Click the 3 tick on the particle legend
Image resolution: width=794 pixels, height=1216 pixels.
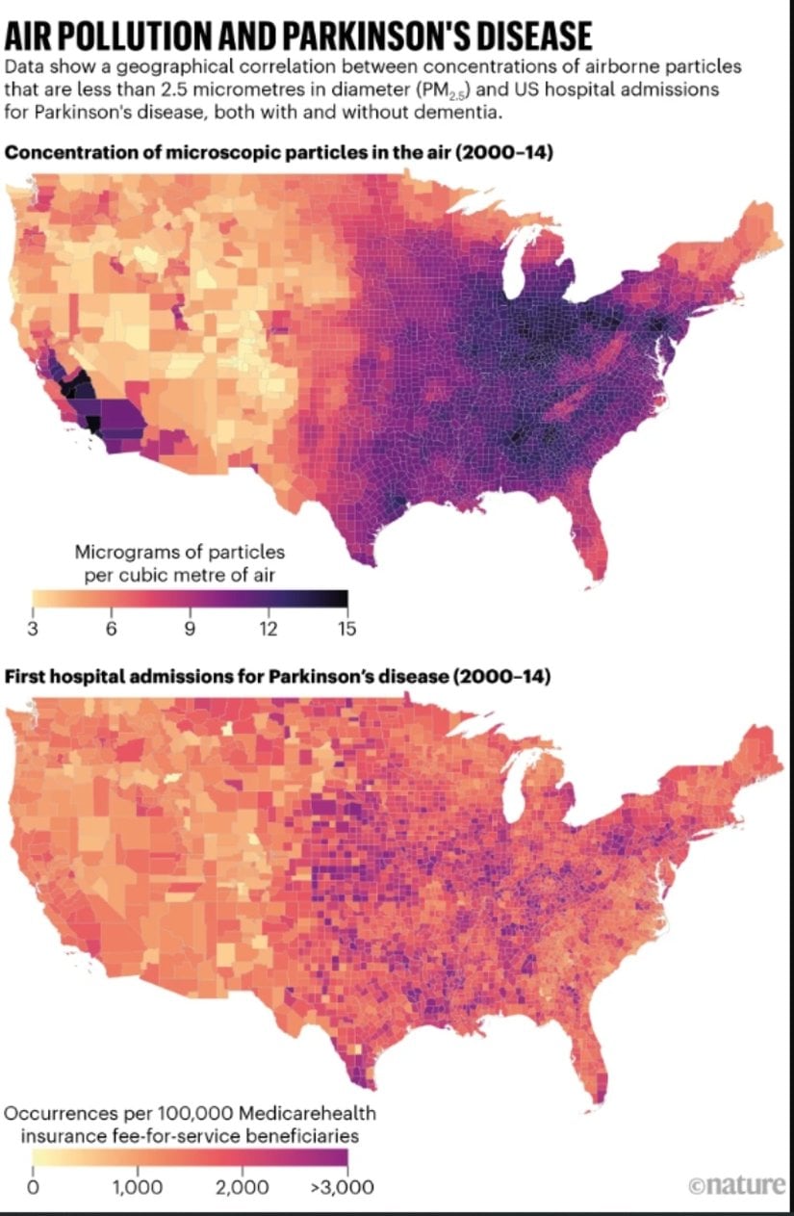click(x=35, y=629)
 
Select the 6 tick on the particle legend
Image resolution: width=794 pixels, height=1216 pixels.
click(x=111, y=629)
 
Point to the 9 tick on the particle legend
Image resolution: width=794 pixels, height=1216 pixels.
click(x=190, y=629)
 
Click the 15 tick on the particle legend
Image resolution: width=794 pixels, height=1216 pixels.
click(x=346, y=629)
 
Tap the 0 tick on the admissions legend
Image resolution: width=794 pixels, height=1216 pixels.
click(x=34, y=1187)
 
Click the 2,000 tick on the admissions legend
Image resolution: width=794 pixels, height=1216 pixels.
click(x=242, y=1187)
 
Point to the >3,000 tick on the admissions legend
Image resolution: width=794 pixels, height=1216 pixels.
click(x=343, y=1187)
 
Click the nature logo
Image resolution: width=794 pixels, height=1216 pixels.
click(x=737, y=1185)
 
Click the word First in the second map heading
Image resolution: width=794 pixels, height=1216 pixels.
click(x=26, y=677)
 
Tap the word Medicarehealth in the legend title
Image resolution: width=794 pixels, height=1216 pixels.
click(x=312, y=1114)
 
